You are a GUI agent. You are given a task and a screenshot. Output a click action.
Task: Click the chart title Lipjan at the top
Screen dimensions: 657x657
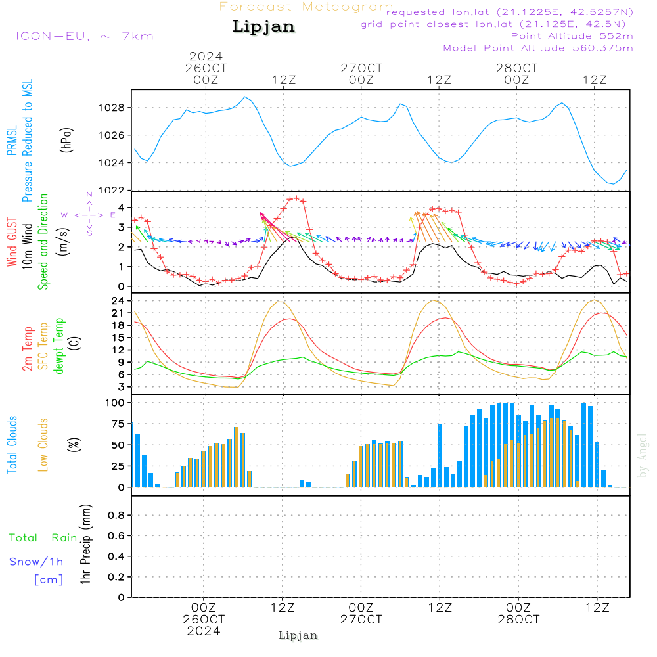pos(263,27)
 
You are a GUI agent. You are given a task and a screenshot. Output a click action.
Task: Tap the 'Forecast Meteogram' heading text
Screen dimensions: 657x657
pos(306,7)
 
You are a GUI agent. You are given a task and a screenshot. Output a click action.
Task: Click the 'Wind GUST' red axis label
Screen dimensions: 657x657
pos(12,243)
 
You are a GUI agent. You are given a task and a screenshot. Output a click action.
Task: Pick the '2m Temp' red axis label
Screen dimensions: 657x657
pos(28,348)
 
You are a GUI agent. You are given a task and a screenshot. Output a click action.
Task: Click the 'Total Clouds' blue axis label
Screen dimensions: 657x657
pos(12,444)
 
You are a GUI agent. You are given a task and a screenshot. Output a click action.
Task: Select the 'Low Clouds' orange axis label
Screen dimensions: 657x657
pos(43,444)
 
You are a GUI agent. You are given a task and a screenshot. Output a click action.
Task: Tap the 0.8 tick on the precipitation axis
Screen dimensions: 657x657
pos(116,516)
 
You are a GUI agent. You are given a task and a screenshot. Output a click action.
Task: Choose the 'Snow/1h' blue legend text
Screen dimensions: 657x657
pos(37,562)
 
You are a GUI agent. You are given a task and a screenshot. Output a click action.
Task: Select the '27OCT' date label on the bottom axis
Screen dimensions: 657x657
pos(361,620)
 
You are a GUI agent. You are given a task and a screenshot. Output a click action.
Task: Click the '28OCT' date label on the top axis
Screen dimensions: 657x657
pos(517,68)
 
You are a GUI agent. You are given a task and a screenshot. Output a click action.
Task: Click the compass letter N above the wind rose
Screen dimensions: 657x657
pos(89,195)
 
